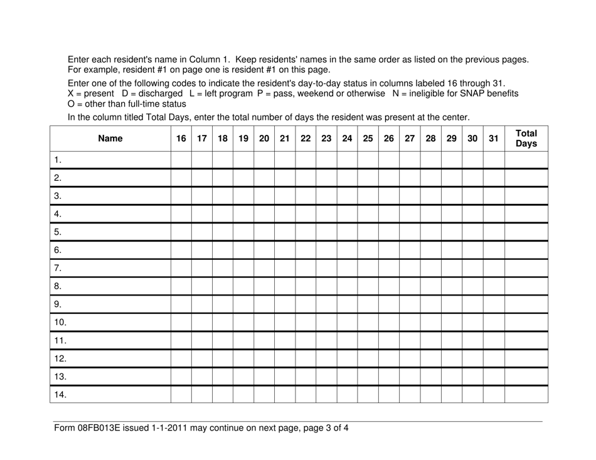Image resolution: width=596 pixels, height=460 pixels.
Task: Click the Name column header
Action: [x=110, y=139]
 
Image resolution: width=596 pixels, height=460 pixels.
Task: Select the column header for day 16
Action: [x=181, y=139]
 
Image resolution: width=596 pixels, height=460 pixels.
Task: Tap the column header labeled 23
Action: [x=326, y=139]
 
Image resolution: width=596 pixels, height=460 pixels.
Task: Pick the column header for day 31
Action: [x=493, y=139]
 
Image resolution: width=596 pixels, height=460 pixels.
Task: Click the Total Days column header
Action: [x=526, y=138]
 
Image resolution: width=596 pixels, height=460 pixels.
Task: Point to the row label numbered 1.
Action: [x=58, y=159]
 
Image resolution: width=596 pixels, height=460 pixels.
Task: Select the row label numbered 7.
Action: [x=58, y=268]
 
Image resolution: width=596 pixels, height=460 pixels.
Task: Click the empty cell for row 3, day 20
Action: [x=264, y=196]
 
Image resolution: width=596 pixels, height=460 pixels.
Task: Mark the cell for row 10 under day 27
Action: [x=410, y=323]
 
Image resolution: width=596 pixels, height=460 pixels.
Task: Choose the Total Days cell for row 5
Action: [x=526, y=232]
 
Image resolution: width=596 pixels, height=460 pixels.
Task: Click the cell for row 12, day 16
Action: [x=181, y=359]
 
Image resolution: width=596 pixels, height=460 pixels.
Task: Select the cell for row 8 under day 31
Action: [x=493, y=286]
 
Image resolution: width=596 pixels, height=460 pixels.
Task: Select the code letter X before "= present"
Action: [x=70, y=94]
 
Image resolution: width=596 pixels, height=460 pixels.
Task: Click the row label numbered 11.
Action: [x=60, y=341]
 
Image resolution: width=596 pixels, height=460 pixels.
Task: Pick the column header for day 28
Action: [x=430, y=139]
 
